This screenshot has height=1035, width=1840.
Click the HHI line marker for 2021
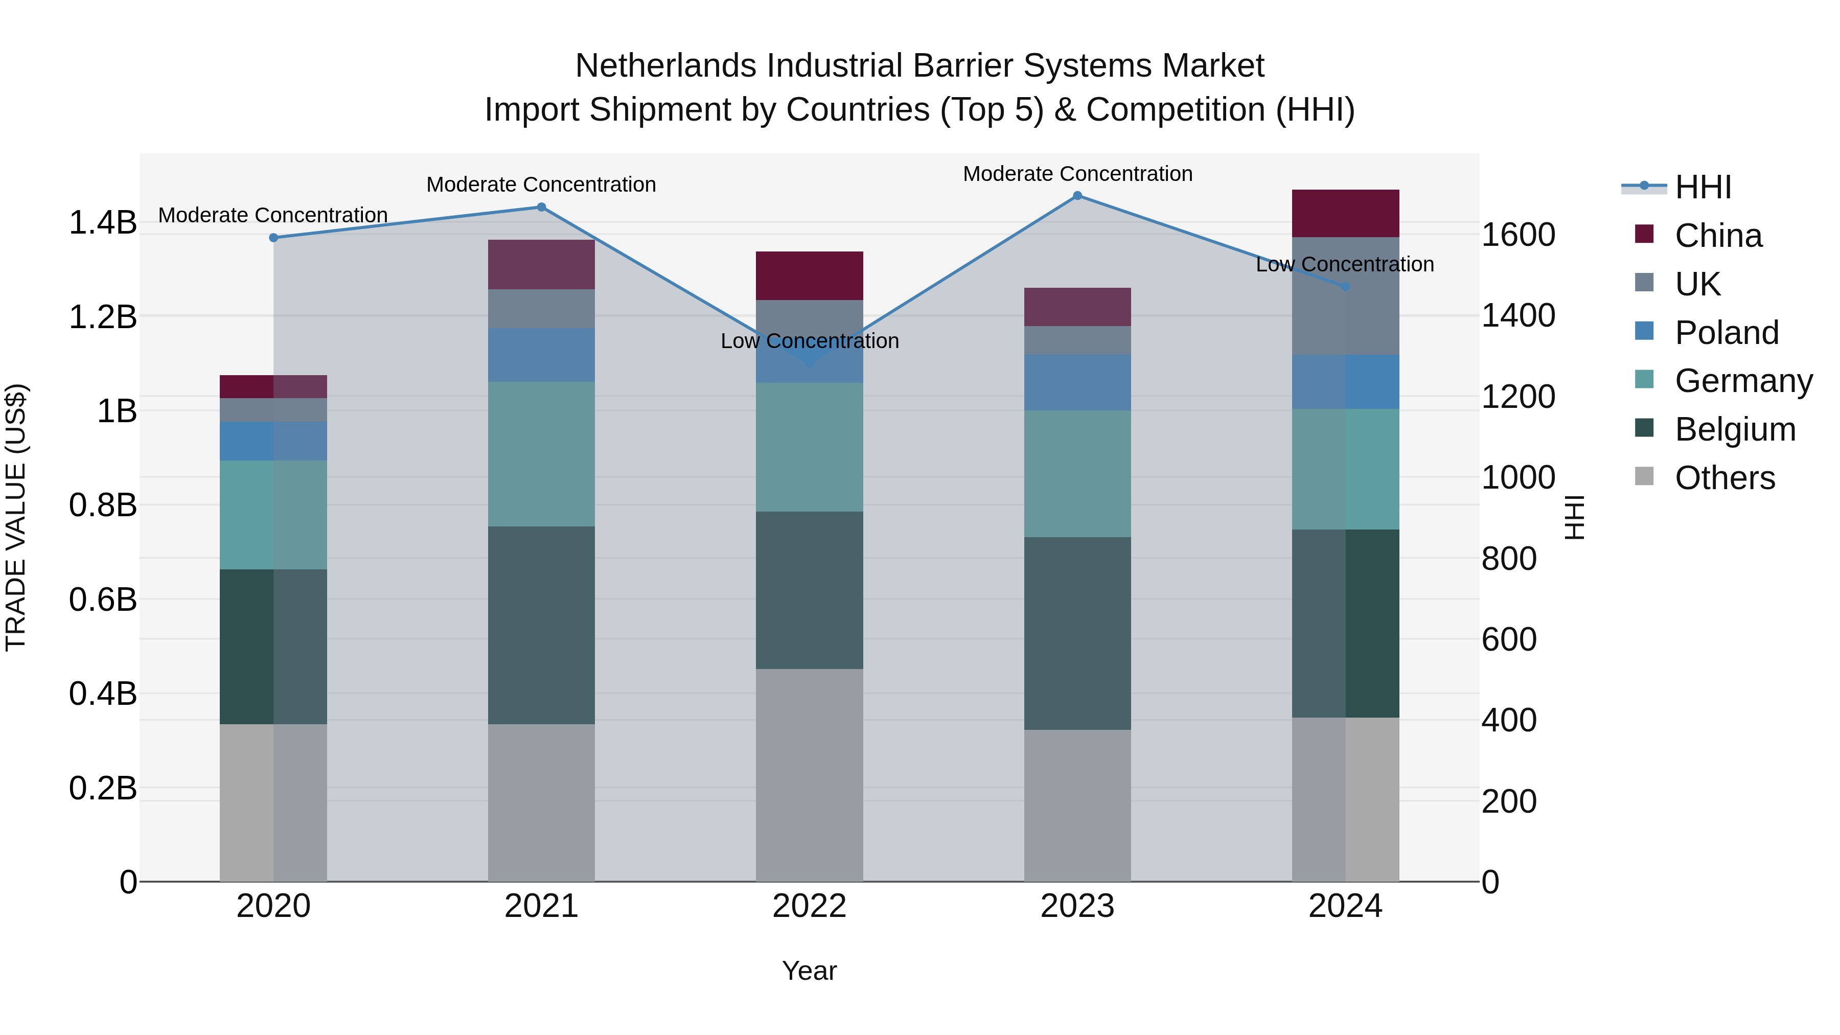[x=541, y=207]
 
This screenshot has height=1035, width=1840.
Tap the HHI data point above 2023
[x=1078, y=196]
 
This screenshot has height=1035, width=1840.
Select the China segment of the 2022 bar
[x=809, y=275]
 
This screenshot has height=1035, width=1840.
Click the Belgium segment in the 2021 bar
[x=541, y=625]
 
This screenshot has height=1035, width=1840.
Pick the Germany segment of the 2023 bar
[x=1078, y=474]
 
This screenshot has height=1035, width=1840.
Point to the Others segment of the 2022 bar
[x=809, y=775]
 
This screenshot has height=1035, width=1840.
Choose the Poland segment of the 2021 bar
[x=541, y=355]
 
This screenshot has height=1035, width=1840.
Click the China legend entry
[x=1718, y=236]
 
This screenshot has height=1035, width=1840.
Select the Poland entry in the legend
[x=1727, y=333]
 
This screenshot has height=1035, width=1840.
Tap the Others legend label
[x=1724, y=478]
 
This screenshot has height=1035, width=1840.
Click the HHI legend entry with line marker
[x=1678, y=187]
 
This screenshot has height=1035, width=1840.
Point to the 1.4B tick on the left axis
[x=103, y=223]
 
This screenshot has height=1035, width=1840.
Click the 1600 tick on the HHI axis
[x=1518, y=235]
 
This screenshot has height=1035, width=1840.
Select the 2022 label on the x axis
[x=809, y=906]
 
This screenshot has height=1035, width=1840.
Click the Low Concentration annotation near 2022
[x=809, y=341]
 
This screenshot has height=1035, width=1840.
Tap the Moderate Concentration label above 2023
[x=1078, y=174]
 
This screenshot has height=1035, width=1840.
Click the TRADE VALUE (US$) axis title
[x=16, y=517]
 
